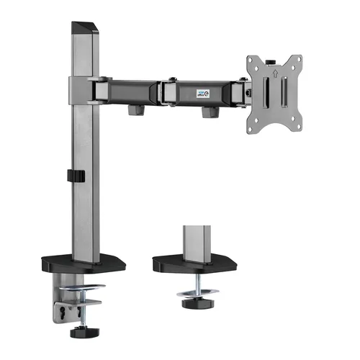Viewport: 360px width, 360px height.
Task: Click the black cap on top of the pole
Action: click(x=84, y=27)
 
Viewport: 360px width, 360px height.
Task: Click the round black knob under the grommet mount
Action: click(x=193, y=303)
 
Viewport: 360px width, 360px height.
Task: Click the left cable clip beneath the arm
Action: click(x=133, y=111)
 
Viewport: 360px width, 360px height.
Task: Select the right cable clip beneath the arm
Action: click(x=211, y=112)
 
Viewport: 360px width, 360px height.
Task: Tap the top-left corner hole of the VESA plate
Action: click(x=253, y=58)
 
